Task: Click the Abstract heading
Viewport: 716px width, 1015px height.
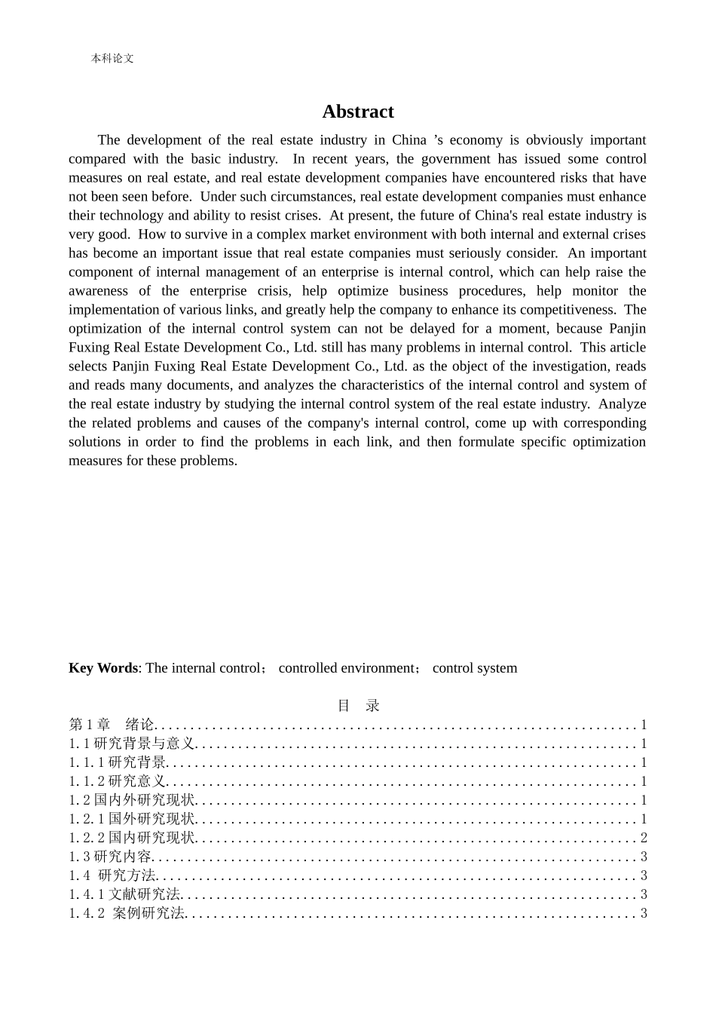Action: (x=358, y=112)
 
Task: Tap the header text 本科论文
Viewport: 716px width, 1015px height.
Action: (x=112, y=58)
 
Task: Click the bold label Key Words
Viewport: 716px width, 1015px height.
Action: (x=103, y=668)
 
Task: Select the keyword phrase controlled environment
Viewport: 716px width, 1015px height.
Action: (x=347, y=668)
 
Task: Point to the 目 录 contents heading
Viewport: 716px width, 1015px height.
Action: (x=358, y=706)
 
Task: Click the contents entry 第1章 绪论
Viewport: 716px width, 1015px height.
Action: (x=112, y=725)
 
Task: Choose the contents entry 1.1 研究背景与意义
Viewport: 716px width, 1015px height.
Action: (x=132, y=744)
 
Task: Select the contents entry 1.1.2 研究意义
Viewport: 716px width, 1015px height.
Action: (x=118, y=781)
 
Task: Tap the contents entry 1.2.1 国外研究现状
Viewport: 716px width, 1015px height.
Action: (x=132, y=819)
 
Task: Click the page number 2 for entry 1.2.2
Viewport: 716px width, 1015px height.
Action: (x=644, y=838)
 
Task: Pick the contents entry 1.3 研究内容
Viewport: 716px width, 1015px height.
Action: (x=111, y=857)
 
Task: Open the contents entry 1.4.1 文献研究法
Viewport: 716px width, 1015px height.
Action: (x=125, y=894)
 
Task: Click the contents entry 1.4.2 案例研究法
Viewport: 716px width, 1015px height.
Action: (x=127, y=913)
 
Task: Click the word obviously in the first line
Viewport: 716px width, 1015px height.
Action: (x=554, y=140)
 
